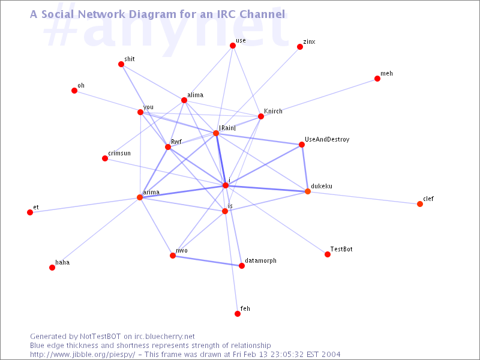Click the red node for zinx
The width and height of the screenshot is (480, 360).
click(300, 47)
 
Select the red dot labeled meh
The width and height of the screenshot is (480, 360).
click(377, 79)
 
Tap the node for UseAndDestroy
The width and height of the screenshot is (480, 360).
click(302, 145)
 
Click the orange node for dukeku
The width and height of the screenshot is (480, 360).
click(308, 191)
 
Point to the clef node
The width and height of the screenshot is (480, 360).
click(420, 204)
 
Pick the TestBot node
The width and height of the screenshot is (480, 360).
click(328, 254)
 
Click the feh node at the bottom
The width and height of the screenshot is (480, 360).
click(238, 314)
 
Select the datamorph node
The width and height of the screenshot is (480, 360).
click(242, 266)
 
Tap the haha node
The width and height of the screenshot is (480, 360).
click(52, 268)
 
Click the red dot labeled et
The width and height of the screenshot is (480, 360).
click(30, 212)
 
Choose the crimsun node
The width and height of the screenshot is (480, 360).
click(105, 158)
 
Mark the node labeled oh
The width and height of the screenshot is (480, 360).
click(74, 91)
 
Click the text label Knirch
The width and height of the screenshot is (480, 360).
click(273, 111)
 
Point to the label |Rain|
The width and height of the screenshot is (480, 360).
click(227, 128)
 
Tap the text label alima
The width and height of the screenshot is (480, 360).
click(196, 95)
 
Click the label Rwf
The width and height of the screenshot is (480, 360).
click(176, 142)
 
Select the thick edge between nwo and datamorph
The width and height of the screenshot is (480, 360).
click(207, 260)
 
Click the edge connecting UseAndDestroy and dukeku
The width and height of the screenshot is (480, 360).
click(305, 168)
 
